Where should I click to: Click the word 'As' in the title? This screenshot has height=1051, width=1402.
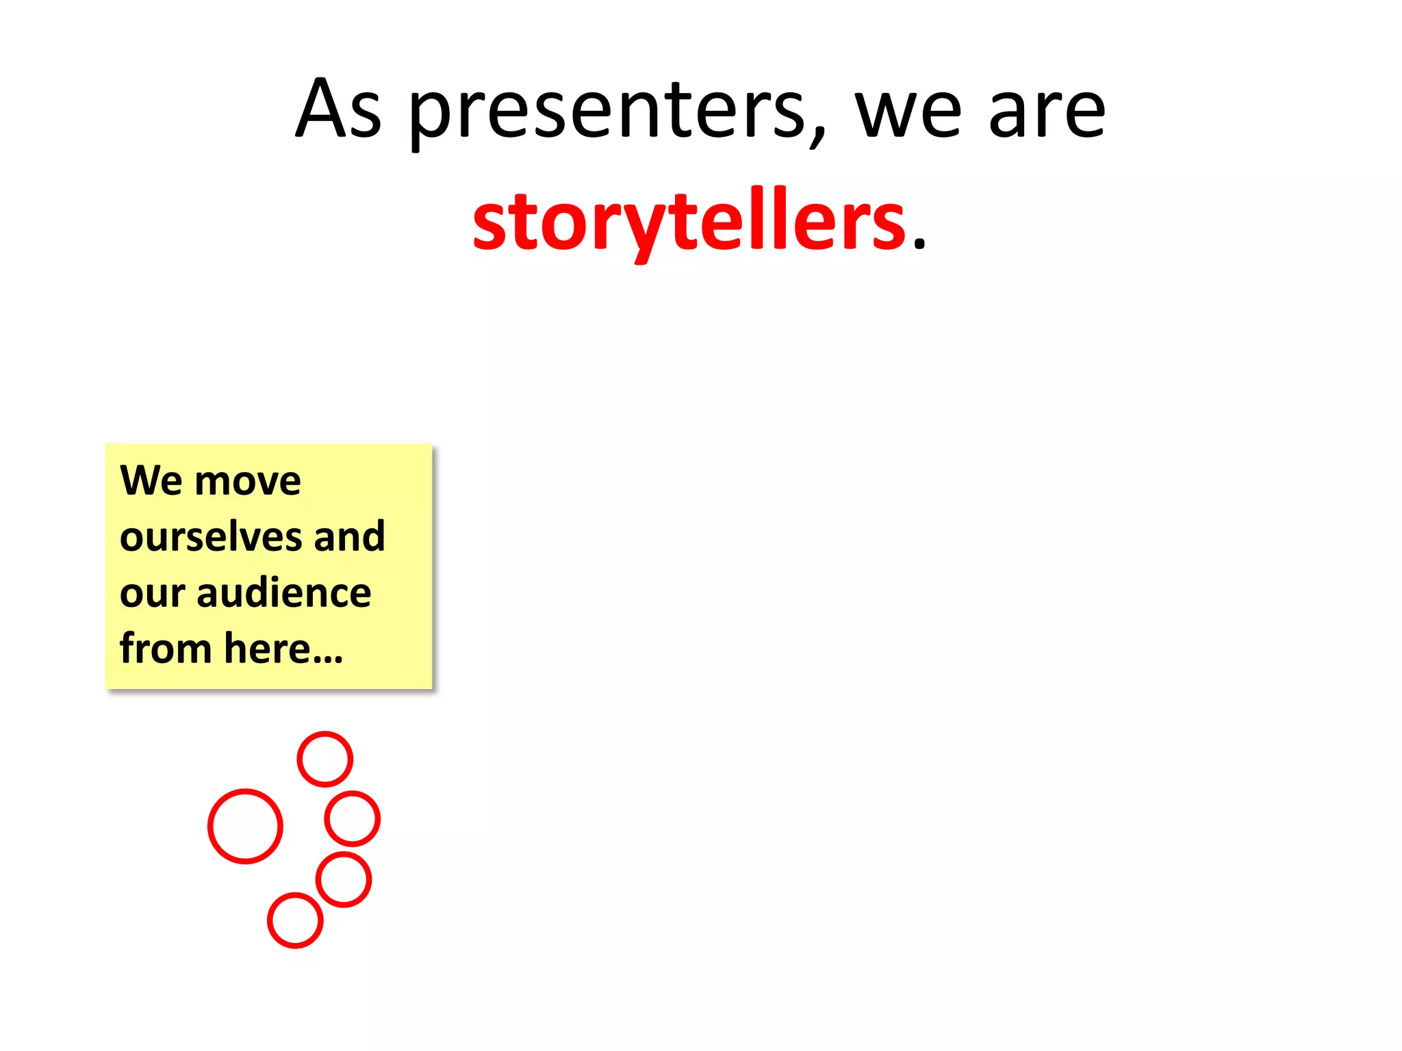[x=338, y=109]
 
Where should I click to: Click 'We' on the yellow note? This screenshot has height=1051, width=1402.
[x=151, y=480]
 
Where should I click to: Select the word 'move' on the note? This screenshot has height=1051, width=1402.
[x=248, y=482]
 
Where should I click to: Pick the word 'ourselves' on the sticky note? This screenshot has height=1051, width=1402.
[x=211, y=536]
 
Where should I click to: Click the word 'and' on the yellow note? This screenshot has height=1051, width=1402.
[x=349, y=536]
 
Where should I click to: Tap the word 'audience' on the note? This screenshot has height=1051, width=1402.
[x=283, y=593]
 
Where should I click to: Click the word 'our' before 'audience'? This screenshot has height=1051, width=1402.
[x=152, y=594]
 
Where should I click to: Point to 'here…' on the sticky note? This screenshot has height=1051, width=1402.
[x=283, y=649]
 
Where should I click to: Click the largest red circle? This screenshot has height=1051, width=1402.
[x=245, y=827]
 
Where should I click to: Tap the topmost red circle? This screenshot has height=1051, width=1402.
[x=324, y=759]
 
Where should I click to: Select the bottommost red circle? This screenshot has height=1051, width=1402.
[x=295, y=920]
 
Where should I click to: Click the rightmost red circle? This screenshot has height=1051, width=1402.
[x=352, y=818]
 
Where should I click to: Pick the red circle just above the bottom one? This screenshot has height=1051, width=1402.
[x=344, y=879]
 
